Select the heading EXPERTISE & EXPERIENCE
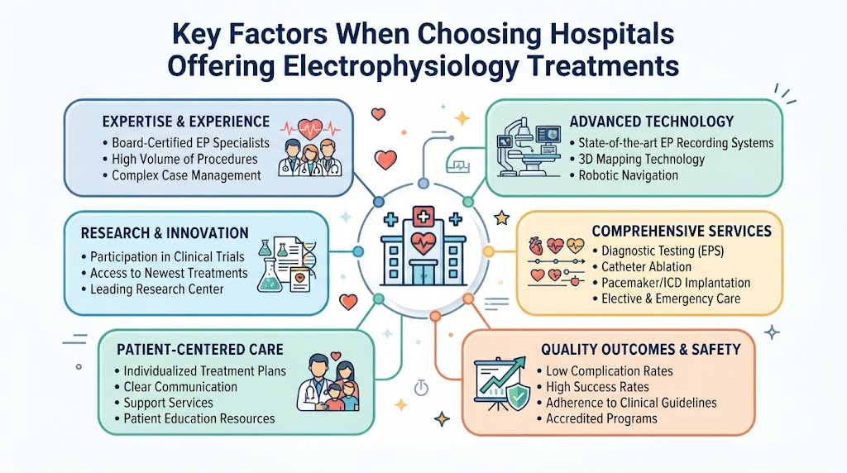[186, 122]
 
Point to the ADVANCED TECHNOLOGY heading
[652, 122]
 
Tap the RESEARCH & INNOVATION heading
[165, 233]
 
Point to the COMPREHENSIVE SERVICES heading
[682, 231]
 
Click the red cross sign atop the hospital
[423, 217]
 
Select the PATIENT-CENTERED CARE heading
[200, 349]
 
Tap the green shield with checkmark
[517, 396]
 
